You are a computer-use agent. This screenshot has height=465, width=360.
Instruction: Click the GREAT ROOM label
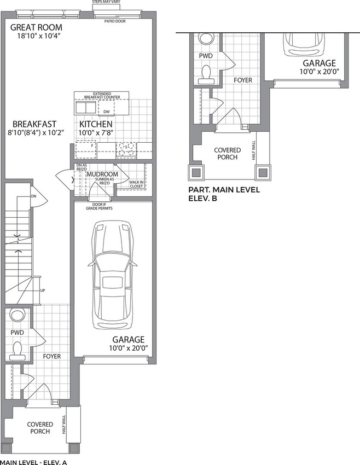[x=36, y=27]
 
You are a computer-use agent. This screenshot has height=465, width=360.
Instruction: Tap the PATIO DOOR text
[x=115, y=21]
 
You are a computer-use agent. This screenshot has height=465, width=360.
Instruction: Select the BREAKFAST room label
[x=34, y=124]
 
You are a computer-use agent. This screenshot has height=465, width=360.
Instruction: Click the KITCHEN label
[x=96, y=124]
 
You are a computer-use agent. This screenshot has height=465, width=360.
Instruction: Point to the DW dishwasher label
[x=107, y=112]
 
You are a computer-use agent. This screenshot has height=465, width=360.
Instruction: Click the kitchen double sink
[x=86, y=107]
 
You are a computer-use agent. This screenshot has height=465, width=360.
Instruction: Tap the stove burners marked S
[x=126, y=149]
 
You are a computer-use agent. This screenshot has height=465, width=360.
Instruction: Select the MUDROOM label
[x=102, y=174]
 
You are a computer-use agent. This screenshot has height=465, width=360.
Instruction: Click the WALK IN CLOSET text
[x=136, y=184]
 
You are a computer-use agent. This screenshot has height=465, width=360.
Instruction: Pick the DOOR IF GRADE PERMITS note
[x=99, y=206]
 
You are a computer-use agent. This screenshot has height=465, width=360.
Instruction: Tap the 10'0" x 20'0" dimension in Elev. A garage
[x=129, y=348]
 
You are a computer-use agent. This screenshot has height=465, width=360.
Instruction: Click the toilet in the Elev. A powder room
[x=17, y=350]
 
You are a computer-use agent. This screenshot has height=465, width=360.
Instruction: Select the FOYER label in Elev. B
[x=243, y=80]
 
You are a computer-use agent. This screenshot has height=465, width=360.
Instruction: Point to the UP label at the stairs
[x=43, y=290]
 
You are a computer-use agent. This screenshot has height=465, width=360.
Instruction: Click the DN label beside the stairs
[x=33, y=196]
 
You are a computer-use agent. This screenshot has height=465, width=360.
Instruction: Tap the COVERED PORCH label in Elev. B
[x=228, y=154]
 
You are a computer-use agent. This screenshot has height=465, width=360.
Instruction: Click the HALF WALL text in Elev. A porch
[x=64, y=425]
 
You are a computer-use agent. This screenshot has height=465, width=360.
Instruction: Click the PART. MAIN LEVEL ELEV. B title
[x=224, y=194]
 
